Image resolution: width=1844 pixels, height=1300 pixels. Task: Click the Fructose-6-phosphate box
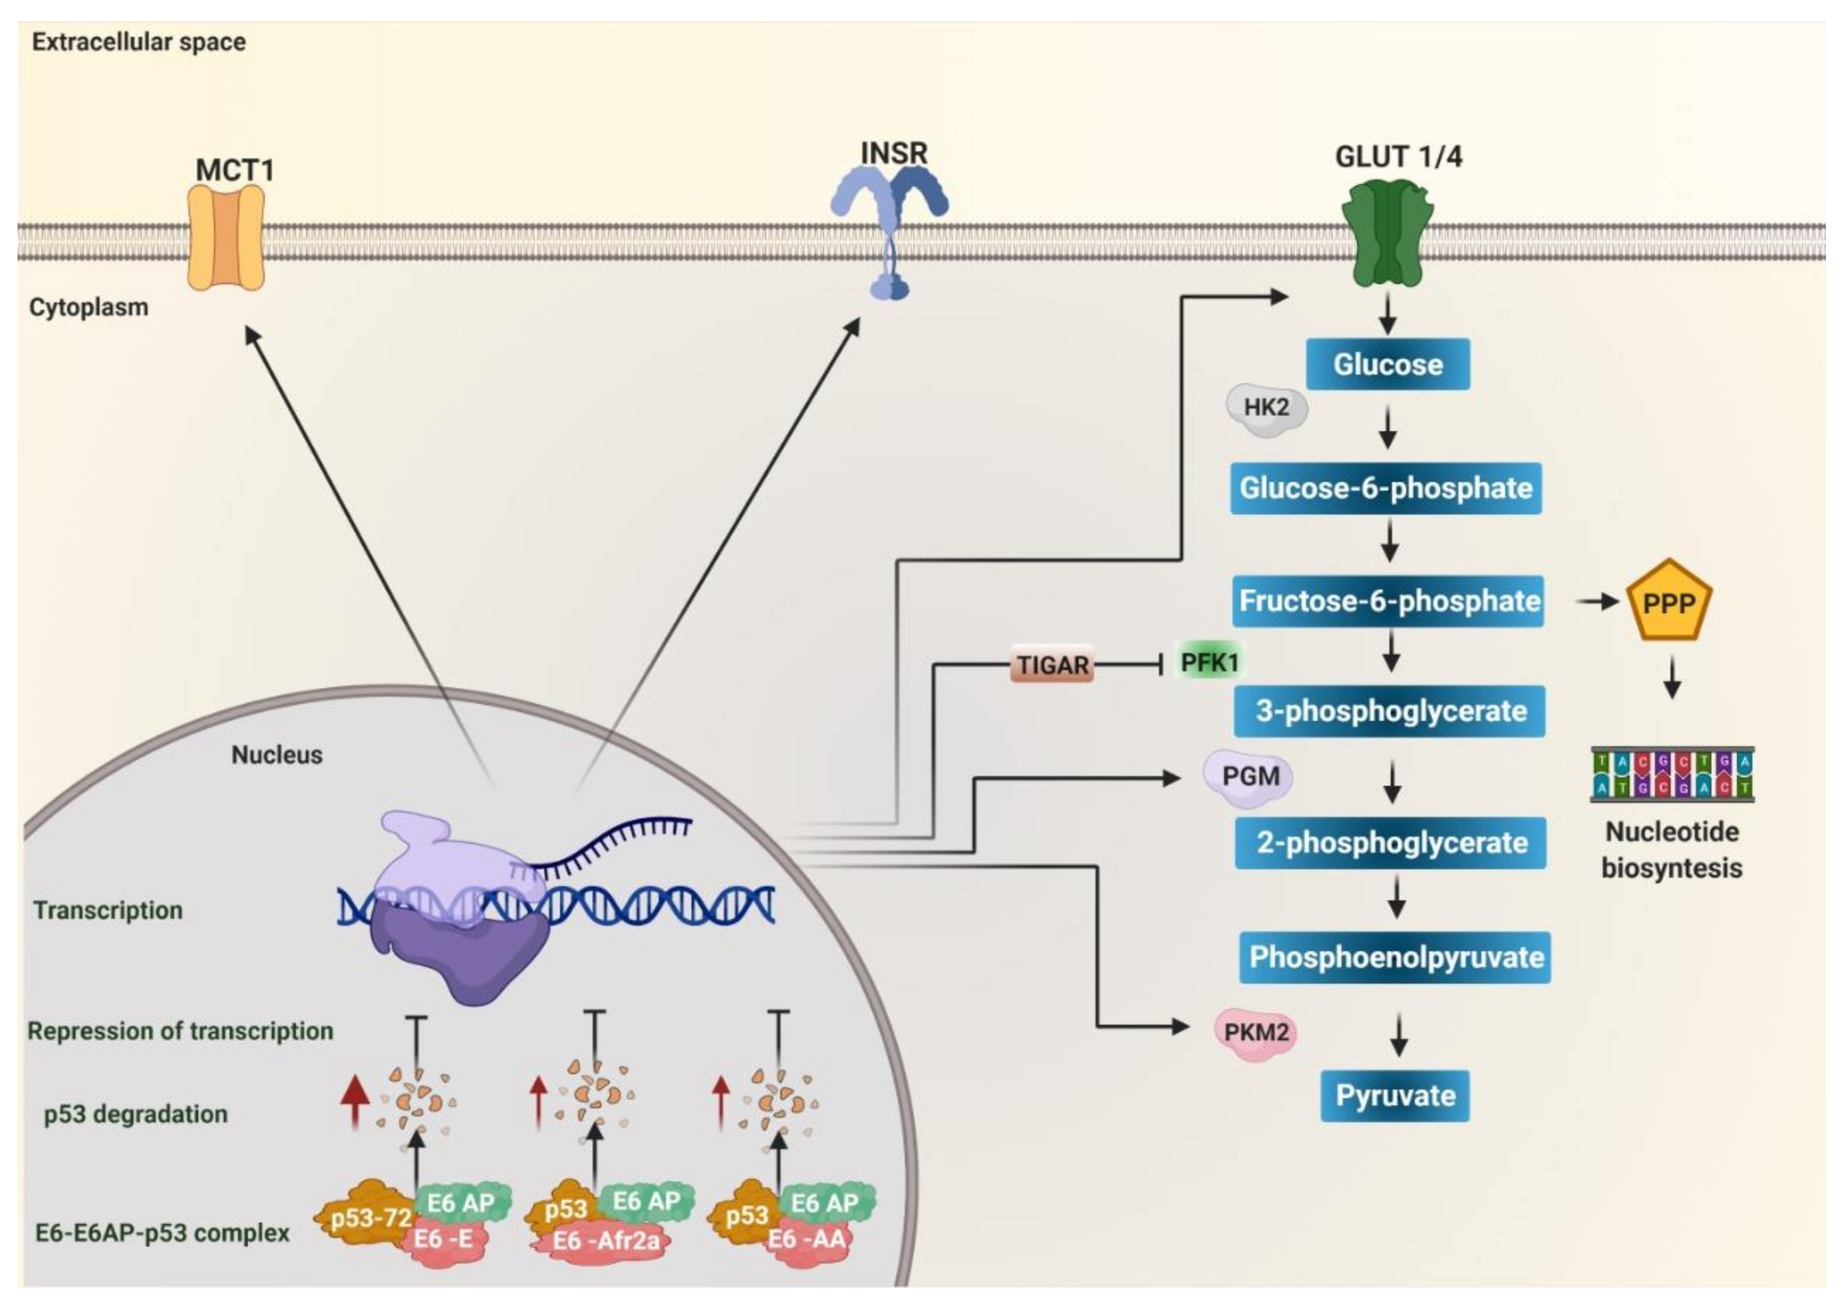click(x=1388, y=601)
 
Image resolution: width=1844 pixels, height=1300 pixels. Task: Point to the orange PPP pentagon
click(x=1669, y=603)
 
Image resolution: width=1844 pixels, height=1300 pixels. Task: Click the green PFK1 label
click(x=1210, y=662)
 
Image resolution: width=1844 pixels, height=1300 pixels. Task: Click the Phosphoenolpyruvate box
click(x=1395, y=957)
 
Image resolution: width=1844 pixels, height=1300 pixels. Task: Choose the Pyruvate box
click(x=1395, y=1095)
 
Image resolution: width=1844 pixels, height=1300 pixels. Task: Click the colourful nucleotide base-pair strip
click(x=1672, y=774)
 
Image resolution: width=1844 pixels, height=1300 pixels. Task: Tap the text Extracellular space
click(x=139, y=42)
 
